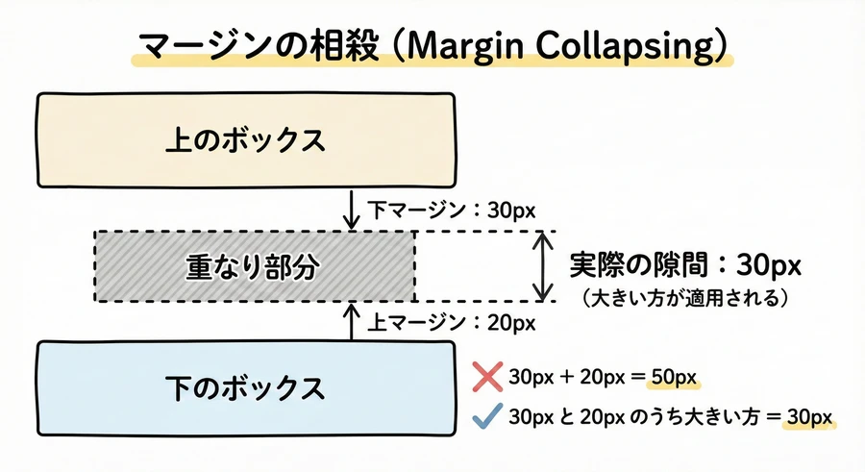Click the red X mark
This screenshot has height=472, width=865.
point(488,376)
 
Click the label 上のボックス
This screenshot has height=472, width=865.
point(246,140)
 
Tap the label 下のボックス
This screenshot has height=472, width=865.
point(246,389)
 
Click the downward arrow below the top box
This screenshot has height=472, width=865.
point(353,210)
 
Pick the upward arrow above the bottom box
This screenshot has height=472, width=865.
point(353,322)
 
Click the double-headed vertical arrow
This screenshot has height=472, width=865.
point(545,266)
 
